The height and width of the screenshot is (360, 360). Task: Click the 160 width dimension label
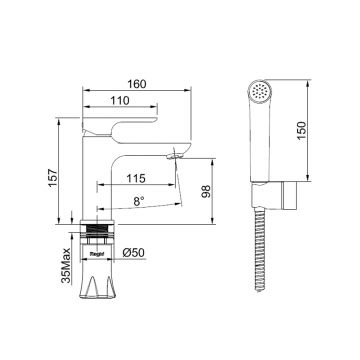pyautogui.click(x=137, y=84)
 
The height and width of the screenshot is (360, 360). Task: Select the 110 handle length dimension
pyautogui.click(x=120, y=100)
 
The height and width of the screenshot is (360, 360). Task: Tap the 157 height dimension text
pyautogui.click(x=53, y=178)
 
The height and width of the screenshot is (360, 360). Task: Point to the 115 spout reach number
pyautogui.click(x=136, y=178)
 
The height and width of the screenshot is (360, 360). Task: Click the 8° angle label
pyautogui.click(x=139, y=201)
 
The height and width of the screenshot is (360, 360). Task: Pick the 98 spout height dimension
pyautogui.click(x=206, y=191)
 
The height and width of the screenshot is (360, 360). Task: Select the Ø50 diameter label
pyautogui.click(x=134, y=253)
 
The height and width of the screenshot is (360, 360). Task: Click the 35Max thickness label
pyautogui.click(x=66, y=265)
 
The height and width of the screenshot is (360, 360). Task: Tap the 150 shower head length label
pyautogui.click(x=301, y=130)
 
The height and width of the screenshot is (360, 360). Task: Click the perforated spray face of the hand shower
pyautogui.click(x=260, y=91)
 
